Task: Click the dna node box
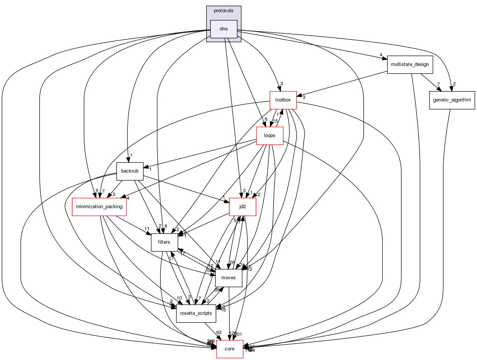(223, 29)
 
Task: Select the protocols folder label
(223, 11)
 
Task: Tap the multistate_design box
(410, 64)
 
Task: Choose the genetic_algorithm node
(452, 100)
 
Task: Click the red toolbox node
(283, 100)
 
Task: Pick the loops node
(269, 136)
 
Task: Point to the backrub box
(130, 171)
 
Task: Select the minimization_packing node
(99, 207)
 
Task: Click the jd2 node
(242, 207)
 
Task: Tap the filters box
(164, 242)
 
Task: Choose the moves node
(228, 278)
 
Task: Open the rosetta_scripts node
(196, 313)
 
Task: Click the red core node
(229, 349)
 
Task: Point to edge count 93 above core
(219, 333)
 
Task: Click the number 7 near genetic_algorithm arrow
(438, 84)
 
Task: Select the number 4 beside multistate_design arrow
(381, 55)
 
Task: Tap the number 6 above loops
(266, 119)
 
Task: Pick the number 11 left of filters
(147, 229)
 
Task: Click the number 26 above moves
(232, 263)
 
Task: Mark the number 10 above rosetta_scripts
(179, 298)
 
